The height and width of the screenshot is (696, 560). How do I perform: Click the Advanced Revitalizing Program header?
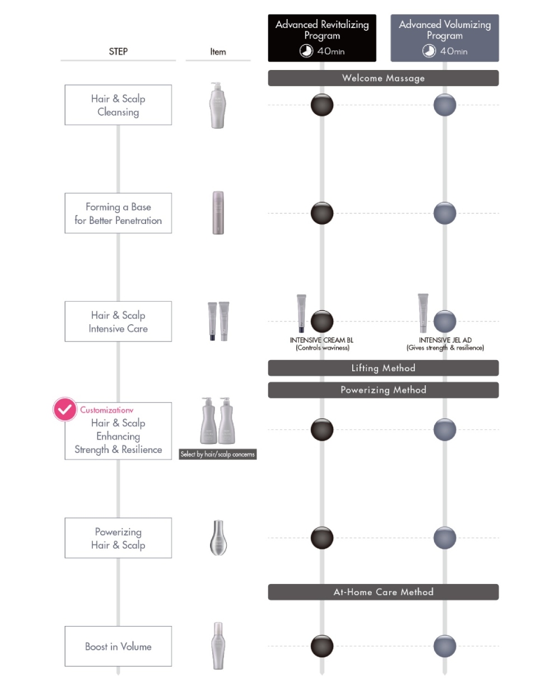tap(322, 38)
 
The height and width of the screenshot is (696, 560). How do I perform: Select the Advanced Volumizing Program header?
tap(445, 38)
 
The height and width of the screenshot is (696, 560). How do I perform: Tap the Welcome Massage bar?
tap(383, 78)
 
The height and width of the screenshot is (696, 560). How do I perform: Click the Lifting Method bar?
tap(383, 368)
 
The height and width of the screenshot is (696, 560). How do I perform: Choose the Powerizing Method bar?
tap(383, 390)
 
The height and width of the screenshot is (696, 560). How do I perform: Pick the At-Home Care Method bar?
tap(383, 592)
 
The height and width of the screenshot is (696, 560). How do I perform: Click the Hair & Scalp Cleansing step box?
tap(118, 105)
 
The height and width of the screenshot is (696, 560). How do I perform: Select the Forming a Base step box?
tap(118, 213)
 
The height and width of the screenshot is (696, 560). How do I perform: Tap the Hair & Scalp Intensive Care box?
tap(118, 321)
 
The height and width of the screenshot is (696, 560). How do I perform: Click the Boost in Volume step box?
tap(118, 646)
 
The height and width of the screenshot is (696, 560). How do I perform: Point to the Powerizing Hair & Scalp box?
tap(118, 538)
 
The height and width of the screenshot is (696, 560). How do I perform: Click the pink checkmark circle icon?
tap(65, 409)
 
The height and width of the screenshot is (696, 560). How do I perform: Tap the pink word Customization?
tap(106, 410)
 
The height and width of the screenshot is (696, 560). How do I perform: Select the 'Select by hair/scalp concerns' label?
tap(218, 454)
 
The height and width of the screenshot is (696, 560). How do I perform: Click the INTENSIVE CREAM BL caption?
tap(322, 340)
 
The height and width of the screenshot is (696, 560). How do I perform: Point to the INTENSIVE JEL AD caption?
tap(445, 340)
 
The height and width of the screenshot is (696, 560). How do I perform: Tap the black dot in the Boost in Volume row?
tap(322, 646)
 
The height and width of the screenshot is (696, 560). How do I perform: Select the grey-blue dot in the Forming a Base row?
tap(445, 213)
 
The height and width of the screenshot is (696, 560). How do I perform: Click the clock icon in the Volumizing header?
tap(428, 51)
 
